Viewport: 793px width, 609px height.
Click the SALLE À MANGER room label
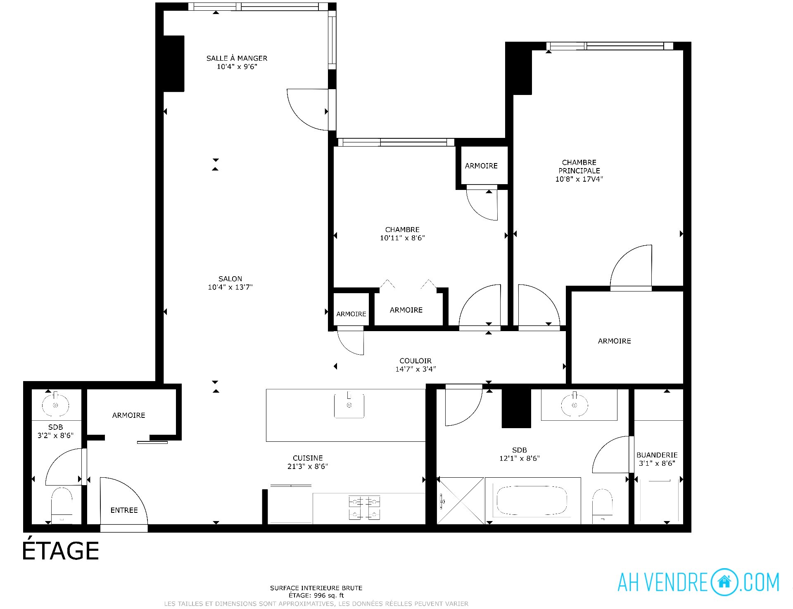tap(237, 58)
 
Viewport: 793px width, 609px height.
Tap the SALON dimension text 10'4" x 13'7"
tap(230, 287)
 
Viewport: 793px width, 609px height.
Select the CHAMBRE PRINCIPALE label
tap(579, 166)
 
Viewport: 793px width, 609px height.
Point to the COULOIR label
tap(415, 361)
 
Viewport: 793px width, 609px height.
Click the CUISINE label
tap(308, 458)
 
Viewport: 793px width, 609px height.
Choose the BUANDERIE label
tap(657, 455)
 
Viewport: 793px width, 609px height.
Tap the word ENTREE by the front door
tap(124, 510)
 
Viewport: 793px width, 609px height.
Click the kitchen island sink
tap(349, 405)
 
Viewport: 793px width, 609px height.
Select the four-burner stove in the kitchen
tap(364, 508)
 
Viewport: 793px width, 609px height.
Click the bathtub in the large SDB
tap(532, 501)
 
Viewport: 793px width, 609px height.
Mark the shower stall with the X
tap(461, 501)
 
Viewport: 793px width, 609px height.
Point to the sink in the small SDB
tap(55, 405)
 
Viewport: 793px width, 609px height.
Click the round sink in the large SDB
tap(575, 405)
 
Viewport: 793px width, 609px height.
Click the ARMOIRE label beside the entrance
tap(128, 415)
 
